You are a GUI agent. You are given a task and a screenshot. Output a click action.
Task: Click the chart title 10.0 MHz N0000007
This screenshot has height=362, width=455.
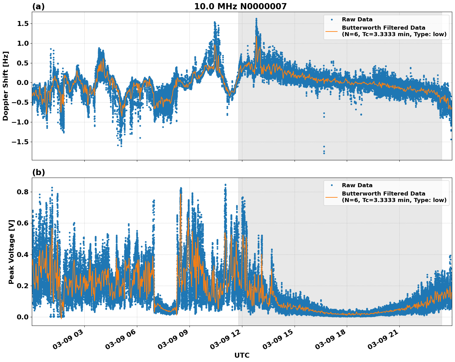[240, 6]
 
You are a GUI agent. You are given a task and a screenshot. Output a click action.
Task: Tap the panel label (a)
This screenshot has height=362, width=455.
[38, 6]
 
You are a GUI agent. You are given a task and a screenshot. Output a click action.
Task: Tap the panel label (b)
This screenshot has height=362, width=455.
[38, 172]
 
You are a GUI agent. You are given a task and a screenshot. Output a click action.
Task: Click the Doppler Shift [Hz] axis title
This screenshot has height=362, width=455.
[6, 86]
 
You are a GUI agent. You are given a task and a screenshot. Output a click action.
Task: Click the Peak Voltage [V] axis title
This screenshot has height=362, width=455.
[11, 259]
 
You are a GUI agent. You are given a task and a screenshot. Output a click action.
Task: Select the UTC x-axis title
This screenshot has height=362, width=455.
[242, 355]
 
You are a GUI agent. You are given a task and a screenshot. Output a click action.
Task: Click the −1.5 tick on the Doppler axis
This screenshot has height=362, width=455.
[20, 142]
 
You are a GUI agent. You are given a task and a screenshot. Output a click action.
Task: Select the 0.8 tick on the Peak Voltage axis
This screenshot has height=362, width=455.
[22, 192]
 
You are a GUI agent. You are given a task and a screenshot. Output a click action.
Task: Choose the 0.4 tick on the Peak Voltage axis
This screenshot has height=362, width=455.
[22, 255]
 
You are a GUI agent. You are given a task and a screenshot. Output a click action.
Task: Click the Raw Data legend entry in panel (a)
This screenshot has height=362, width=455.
[357, 19]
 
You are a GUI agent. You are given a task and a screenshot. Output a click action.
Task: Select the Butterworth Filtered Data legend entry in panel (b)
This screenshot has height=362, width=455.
[394, 197]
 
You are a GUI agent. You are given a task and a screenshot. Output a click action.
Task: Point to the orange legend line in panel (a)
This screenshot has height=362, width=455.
[331, 31]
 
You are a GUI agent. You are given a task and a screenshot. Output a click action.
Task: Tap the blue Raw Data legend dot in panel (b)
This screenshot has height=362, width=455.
[331, 185]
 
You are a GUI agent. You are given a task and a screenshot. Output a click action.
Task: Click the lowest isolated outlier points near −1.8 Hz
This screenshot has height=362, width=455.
[324, 151]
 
